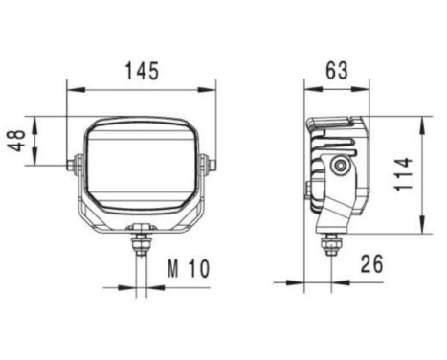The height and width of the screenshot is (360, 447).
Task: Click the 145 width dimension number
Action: [141, 72]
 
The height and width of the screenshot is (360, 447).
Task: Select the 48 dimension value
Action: [17, 141]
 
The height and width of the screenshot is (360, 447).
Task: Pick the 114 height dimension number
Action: [406, 174]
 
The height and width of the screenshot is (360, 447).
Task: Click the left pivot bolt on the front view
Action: [73, 165]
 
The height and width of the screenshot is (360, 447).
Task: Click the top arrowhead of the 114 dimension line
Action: [422, 121]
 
